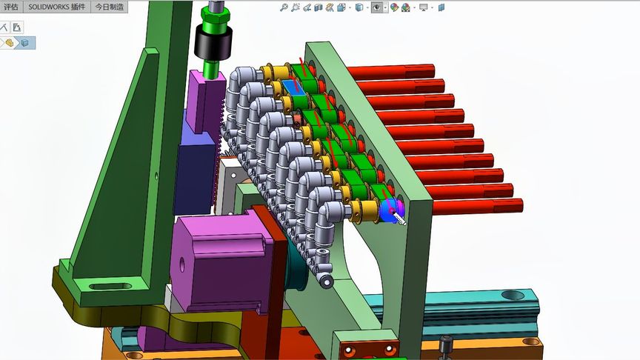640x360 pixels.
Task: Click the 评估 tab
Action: [11, 7]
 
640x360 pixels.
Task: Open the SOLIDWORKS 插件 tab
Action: [57, 7]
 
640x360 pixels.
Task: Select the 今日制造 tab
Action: [109, 7]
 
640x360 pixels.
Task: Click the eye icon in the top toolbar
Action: [377, 7]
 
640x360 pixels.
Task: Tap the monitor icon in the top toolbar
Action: [424, 7]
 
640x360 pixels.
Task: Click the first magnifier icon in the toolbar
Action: [284, 7]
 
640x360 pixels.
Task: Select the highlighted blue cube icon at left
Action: [25, 43]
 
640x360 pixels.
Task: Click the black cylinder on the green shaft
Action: [213, 42]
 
